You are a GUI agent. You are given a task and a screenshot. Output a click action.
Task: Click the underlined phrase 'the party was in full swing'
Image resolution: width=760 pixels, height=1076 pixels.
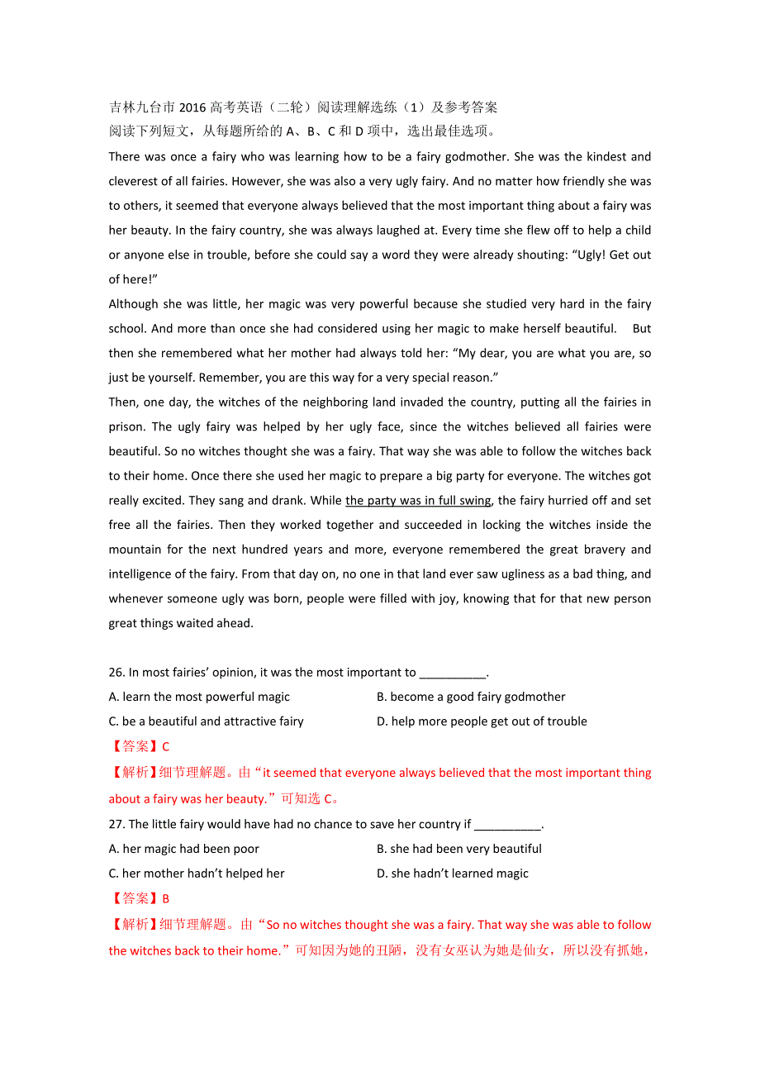[418, 501]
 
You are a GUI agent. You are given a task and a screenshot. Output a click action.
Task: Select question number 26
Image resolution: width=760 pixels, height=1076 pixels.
[116, 673]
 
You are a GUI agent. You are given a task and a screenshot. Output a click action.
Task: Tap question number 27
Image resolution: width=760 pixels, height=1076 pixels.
[116, 825]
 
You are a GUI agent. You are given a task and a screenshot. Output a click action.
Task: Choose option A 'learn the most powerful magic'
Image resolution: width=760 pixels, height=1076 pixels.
[199, 697]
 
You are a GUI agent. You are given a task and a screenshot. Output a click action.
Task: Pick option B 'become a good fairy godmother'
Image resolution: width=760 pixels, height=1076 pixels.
[471, 697]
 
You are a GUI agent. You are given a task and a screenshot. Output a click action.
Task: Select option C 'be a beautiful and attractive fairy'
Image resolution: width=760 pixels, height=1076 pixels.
[206, 721]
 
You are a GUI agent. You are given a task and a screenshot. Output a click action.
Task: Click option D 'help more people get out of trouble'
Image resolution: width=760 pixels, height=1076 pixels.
[482, 721]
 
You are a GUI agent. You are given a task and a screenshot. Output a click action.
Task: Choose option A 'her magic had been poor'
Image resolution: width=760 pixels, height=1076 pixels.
[183, 850]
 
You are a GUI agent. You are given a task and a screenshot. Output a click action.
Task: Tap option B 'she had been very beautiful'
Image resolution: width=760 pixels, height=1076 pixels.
[459, 850]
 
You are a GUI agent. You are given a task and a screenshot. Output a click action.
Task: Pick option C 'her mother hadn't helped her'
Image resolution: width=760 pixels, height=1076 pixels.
[197, 874]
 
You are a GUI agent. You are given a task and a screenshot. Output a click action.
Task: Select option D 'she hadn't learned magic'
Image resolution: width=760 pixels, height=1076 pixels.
[453, 874]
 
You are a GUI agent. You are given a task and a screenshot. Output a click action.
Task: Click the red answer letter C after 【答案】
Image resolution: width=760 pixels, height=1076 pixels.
[165, 747]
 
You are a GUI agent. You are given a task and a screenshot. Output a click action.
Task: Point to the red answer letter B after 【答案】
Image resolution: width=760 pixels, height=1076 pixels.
[165, 899]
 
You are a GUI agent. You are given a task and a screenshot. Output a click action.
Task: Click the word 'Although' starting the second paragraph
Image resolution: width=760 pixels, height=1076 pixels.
[134, 304]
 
